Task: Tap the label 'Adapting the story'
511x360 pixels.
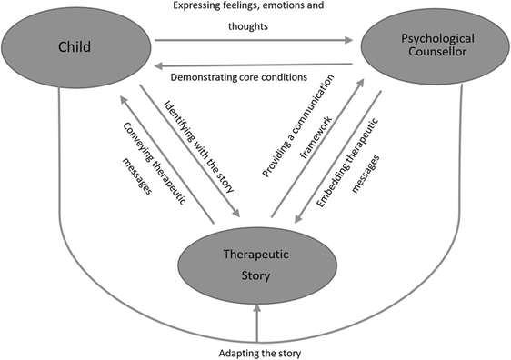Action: tap(258, 351)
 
